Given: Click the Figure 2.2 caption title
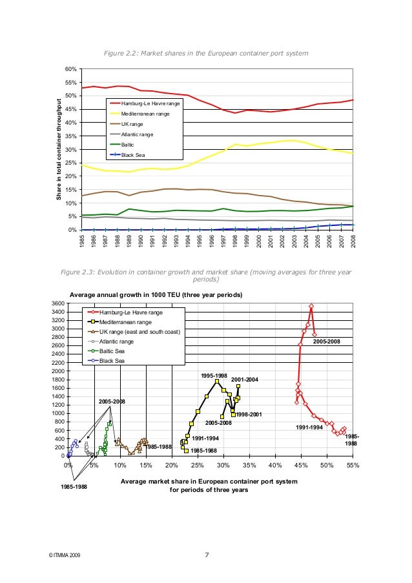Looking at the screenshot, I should pyautogui.click(x=206, y=53).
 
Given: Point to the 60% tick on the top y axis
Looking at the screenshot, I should pyautogui.click(x=70, y=69).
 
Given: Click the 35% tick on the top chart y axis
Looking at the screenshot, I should pyautogui.click(x=70, y=136).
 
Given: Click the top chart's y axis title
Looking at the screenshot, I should pyautogui.click(x=58, y=149).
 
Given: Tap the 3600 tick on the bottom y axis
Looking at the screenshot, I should pyautogui.click(x=57, y=303).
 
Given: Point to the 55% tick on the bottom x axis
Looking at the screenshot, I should pyautogui.click(x=353, y=465).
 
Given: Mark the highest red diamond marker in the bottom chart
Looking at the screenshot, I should pyautogui.click(x=311, y=306).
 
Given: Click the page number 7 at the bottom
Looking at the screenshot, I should pyautogui.click(x=206, y=555).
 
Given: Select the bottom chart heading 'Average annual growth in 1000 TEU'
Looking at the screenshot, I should pyautogui.click(x=156, y=295).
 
